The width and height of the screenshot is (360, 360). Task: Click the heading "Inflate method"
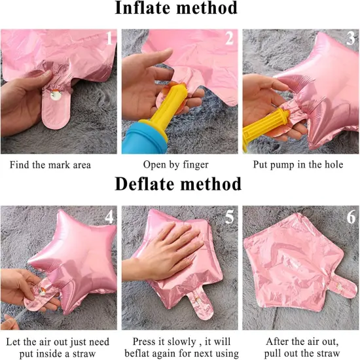pos(176,9)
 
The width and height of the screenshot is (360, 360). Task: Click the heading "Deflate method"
pos(178,184)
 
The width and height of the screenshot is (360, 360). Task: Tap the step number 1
pos(109,38)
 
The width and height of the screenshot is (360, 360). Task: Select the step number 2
pos(229,38)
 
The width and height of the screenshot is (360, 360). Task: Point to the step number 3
pos(351,38)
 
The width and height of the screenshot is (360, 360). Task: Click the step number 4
pos(109,217)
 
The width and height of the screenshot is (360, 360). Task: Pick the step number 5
pos(229,217)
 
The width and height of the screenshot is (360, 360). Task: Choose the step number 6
pos(351,217)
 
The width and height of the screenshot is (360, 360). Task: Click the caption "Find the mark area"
pos(50,165)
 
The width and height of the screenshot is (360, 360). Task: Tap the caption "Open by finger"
pos(176,165)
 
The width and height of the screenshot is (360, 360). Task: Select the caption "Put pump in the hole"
pos(298,165)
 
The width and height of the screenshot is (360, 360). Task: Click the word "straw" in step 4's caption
pos(82,353)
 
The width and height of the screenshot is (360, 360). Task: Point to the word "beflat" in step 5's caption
pos(139,353)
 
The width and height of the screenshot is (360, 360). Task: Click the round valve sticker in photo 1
pos(56,95)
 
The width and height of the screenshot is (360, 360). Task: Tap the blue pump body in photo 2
pos(144,139)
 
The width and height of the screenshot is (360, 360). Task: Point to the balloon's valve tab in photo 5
pos(200,304)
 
